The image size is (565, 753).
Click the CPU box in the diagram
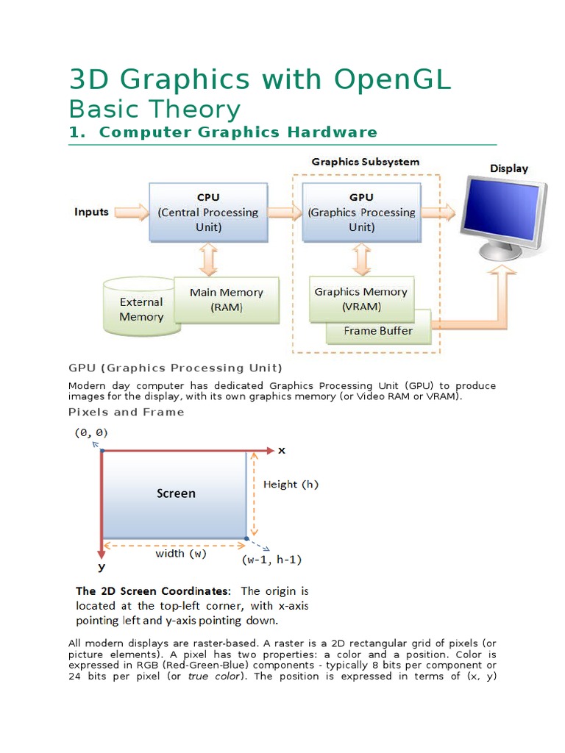tap(207, 212)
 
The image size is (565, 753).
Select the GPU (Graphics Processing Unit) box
tap(361, 212)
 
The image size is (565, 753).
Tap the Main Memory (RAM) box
tap(226, 299)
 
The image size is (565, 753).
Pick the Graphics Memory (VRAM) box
tap(360, 299)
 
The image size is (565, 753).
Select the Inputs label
tap(91, 212)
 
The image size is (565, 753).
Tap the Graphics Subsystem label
tap(365, 162)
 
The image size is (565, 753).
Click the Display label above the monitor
tap(509, 168)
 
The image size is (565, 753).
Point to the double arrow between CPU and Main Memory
tap(208, 259)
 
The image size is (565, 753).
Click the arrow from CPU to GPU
tap(285, 213)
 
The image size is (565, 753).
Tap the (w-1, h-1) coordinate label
tap(271, 560)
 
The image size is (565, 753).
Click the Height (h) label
tap(291, 485)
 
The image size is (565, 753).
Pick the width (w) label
tap(180, 553)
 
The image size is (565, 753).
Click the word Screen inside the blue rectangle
tap(176, 493)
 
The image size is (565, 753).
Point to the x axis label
tap(281, 450)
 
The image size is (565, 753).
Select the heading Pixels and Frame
tap(126, 412)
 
